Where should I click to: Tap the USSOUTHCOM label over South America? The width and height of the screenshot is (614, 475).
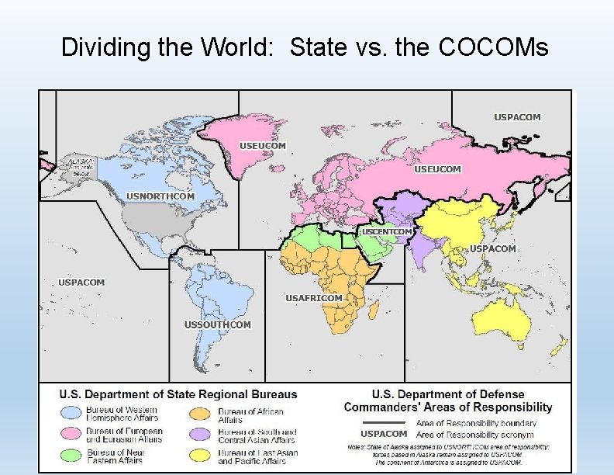[218, 324]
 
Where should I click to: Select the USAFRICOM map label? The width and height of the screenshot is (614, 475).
[313, 298]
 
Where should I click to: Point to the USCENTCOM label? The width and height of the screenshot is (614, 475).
[388, 231]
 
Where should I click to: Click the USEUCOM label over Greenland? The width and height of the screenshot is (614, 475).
[263, 146]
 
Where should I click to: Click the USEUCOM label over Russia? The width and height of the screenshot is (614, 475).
[438, 169]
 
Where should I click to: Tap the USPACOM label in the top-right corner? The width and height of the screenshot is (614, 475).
[518, 117]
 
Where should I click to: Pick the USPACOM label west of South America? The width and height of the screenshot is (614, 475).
[81, 283]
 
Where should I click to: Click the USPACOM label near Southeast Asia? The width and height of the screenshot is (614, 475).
[493, 249]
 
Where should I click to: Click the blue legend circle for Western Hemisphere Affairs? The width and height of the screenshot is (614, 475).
[72, 414]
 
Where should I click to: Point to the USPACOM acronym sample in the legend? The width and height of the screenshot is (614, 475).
[384, 434]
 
